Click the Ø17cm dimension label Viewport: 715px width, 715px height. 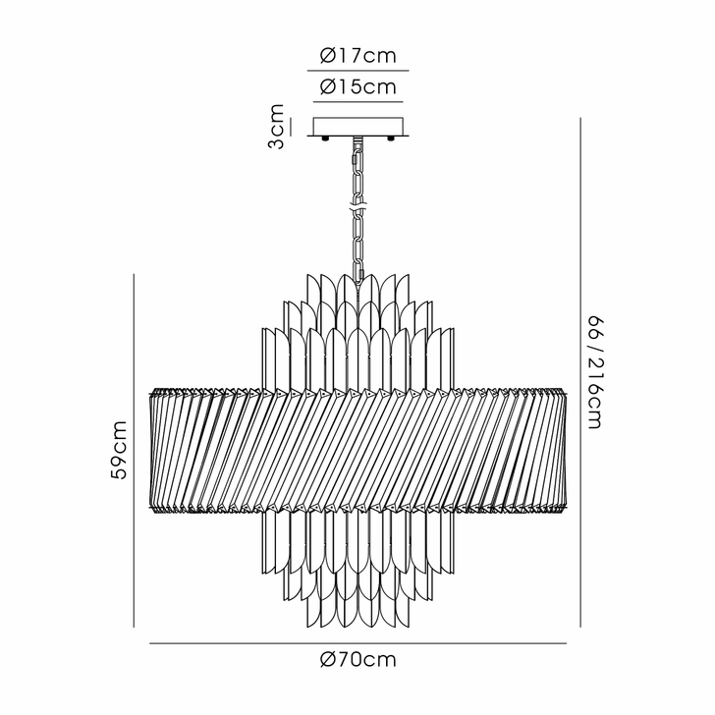tap(357, 56)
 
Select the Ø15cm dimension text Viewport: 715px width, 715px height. tap(357, 86)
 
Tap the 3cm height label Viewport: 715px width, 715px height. tap(276, 127)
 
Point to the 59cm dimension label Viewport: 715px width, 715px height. tap(119, 450)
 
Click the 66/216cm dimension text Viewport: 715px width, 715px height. tap(594, 372)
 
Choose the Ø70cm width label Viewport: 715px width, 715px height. tap(357, 659)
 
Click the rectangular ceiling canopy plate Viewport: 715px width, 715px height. tap(357, 127)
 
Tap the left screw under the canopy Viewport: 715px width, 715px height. tap(326, 138)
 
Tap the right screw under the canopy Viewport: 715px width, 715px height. tap(390, 138)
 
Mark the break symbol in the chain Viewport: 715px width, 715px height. tap(358, 209)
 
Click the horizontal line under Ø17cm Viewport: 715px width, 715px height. tap(357, 71)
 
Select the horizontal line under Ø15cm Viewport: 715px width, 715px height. tap(357, 102)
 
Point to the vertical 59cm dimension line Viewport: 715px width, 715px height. tap(134, 451)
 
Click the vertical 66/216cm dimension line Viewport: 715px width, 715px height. tap(580, 372)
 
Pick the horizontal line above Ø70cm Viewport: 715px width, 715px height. tap(357, 643)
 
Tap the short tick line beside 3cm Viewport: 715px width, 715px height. tap(291, 127)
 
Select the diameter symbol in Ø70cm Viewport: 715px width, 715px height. tap(328, 659)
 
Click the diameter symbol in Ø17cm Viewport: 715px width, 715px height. tap(328, 56)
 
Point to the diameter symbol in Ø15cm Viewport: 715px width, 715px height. tap(328, 86)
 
